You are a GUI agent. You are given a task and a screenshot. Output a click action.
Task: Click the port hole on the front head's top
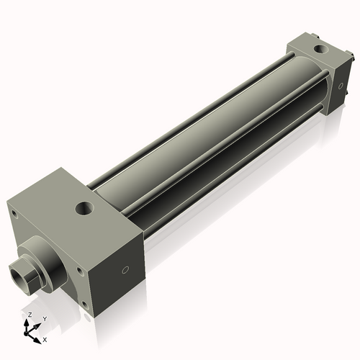point(86,210)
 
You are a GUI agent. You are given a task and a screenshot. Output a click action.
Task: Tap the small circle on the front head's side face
point(126,271)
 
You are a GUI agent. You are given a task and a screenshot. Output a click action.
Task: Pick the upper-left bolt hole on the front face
point(13,212)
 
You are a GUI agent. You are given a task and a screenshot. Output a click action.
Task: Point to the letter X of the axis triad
point(45,338)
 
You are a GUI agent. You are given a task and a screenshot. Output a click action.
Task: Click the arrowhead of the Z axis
point(27,323)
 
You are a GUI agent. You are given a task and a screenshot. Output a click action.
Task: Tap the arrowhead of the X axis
point(37,336)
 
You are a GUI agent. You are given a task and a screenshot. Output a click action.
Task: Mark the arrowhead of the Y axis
point(38,324)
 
